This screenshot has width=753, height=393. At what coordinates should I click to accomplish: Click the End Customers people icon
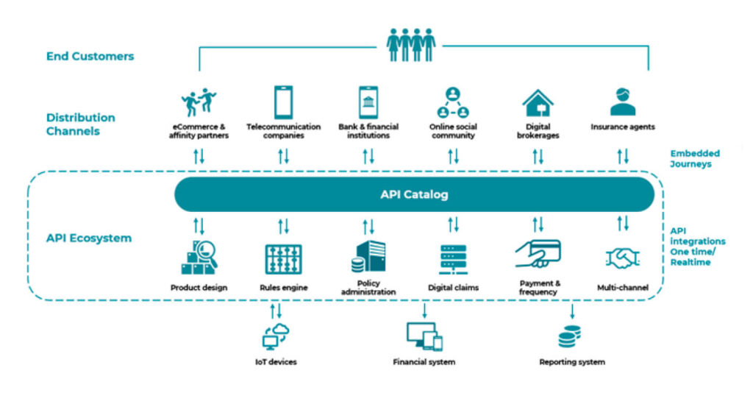411,45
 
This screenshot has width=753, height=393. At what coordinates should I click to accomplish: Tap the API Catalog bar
414,195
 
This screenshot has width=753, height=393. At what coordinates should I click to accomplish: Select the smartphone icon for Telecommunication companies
283,102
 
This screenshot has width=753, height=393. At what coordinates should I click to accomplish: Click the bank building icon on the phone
368,102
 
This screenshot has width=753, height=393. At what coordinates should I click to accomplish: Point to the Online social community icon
453,103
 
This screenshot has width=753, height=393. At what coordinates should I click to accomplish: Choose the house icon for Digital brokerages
538,103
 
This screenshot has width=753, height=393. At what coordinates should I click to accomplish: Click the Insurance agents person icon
623,102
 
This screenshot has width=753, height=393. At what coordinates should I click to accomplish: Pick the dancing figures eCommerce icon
199,102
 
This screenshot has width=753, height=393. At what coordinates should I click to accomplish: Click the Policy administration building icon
368,257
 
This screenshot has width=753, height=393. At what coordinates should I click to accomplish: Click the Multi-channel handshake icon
623,258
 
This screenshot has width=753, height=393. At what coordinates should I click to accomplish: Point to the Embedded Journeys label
695,159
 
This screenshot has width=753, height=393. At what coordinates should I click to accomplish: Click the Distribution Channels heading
81,124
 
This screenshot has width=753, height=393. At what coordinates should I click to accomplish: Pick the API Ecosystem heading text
89,238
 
